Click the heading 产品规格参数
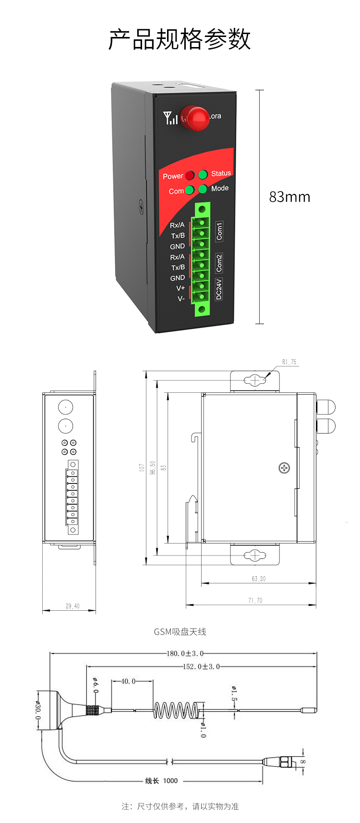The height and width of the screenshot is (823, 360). [x=180, y=39]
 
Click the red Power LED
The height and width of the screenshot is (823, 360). [x=190, y=176]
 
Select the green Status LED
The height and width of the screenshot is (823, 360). [x=203, y=174]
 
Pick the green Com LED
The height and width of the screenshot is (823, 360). [x=190, y=190]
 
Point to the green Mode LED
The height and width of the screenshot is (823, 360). [x=203, y=189]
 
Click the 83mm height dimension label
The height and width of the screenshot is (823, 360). [x=289, y=197]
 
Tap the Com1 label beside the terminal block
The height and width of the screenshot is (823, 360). [x=219, y=231]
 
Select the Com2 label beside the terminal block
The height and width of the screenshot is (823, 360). [x=219, y=263]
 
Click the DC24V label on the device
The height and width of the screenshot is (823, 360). [x=219, y=289]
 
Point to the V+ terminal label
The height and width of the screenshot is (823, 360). [x=180, y=288]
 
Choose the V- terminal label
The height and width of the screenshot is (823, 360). [x=181, y=299]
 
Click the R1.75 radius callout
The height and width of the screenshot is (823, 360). [x=289, y=362]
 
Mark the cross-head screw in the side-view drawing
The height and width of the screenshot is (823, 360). [x=284, y=468]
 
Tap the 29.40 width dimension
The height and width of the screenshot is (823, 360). [x=72, y=606]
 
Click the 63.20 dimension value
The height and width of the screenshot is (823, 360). [x=258, y=579]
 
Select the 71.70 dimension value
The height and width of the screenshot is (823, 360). [x=255, y=600]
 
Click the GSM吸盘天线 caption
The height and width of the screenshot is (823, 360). [x=180, y=632]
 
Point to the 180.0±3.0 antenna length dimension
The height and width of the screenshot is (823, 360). [x=185, y=654]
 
